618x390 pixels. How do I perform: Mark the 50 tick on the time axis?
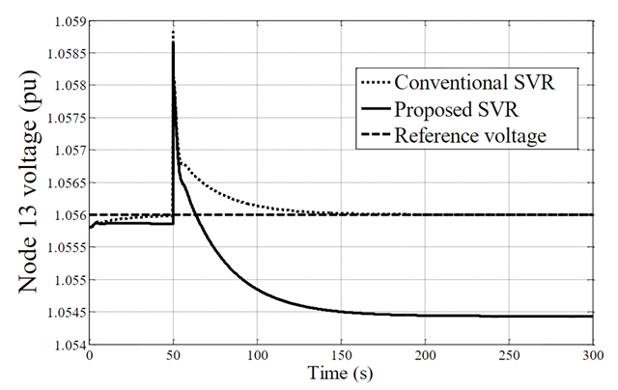[x=173, y=355]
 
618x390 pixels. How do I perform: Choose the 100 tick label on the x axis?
[x=257, y=355]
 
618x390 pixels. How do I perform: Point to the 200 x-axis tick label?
[x=424, y=355]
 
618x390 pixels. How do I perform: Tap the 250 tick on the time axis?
[x=508, y=355]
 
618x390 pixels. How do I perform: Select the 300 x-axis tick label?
[x=590, y=355]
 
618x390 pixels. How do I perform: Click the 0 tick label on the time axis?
[x=90, y=355]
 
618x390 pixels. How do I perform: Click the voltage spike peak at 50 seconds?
[x=173, y=39]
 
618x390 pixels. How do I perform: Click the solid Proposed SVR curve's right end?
[x=591, y=317]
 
